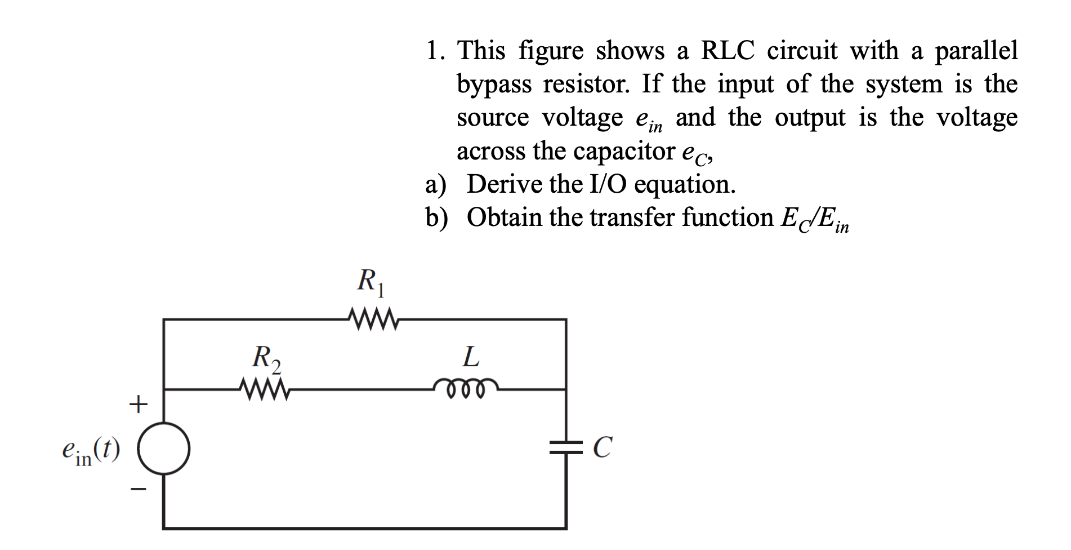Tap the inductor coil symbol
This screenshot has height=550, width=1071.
coord(466,387)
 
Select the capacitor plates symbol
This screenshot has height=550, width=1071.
coord(566,448)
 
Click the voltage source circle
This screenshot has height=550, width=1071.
coord(164,449)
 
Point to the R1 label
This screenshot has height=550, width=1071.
coord(372,282)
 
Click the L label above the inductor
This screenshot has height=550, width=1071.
coord(471,357)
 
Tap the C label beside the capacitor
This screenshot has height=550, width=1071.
coord(601,449)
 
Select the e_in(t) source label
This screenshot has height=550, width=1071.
coord(91,451)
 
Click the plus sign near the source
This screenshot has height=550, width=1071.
coord(138,404)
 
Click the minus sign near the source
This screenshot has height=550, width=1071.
coord(138,489)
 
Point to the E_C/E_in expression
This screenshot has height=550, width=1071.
coord(814,219)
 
